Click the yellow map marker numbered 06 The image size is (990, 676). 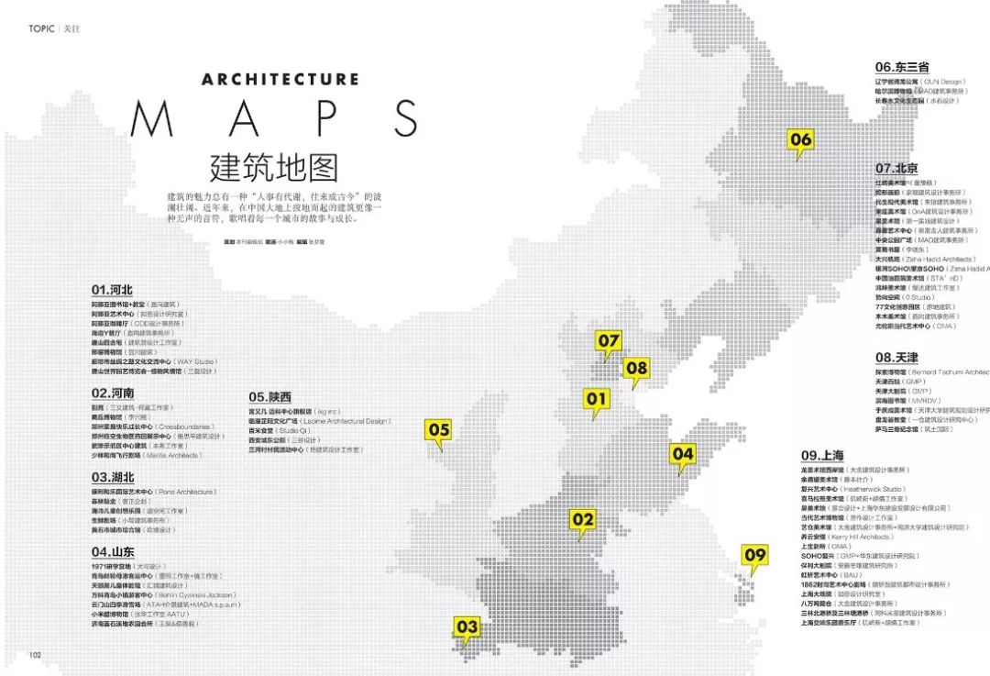pos(800,139)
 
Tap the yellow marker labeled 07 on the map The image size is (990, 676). pos(610,341)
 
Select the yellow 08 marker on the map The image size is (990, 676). pos(636,369)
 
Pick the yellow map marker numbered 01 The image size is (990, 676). pos(597,398)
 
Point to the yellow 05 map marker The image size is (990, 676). pos(439,429)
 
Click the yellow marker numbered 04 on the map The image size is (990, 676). pos(683,453)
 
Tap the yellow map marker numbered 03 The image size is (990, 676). pos(467,627)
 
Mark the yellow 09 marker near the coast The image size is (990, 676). pos(754,555)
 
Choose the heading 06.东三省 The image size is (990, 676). pos(902,67)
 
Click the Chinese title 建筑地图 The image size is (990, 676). pos(274,166)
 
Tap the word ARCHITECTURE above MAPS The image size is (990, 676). pos(280,79)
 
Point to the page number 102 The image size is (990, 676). pos(36,654)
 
